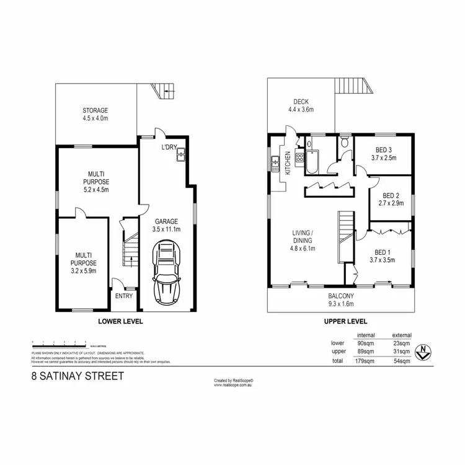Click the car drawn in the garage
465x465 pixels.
pos(167,270)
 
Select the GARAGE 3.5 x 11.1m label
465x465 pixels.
pos(167,224)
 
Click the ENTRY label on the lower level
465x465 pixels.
pos(124,296)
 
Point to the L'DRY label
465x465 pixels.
pos(169,147)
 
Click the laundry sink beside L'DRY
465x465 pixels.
pos(182,156)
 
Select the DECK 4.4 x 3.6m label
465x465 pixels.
pos(301,106)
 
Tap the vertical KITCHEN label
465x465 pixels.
pos(287,162)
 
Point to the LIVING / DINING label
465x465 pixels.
pos(304,241)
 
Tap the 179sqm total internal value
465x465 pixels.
pos(367,361)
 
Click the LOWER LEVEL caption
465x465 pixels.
pos(122,321)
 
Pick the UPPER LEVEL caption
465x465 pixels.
pos(346,321)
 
